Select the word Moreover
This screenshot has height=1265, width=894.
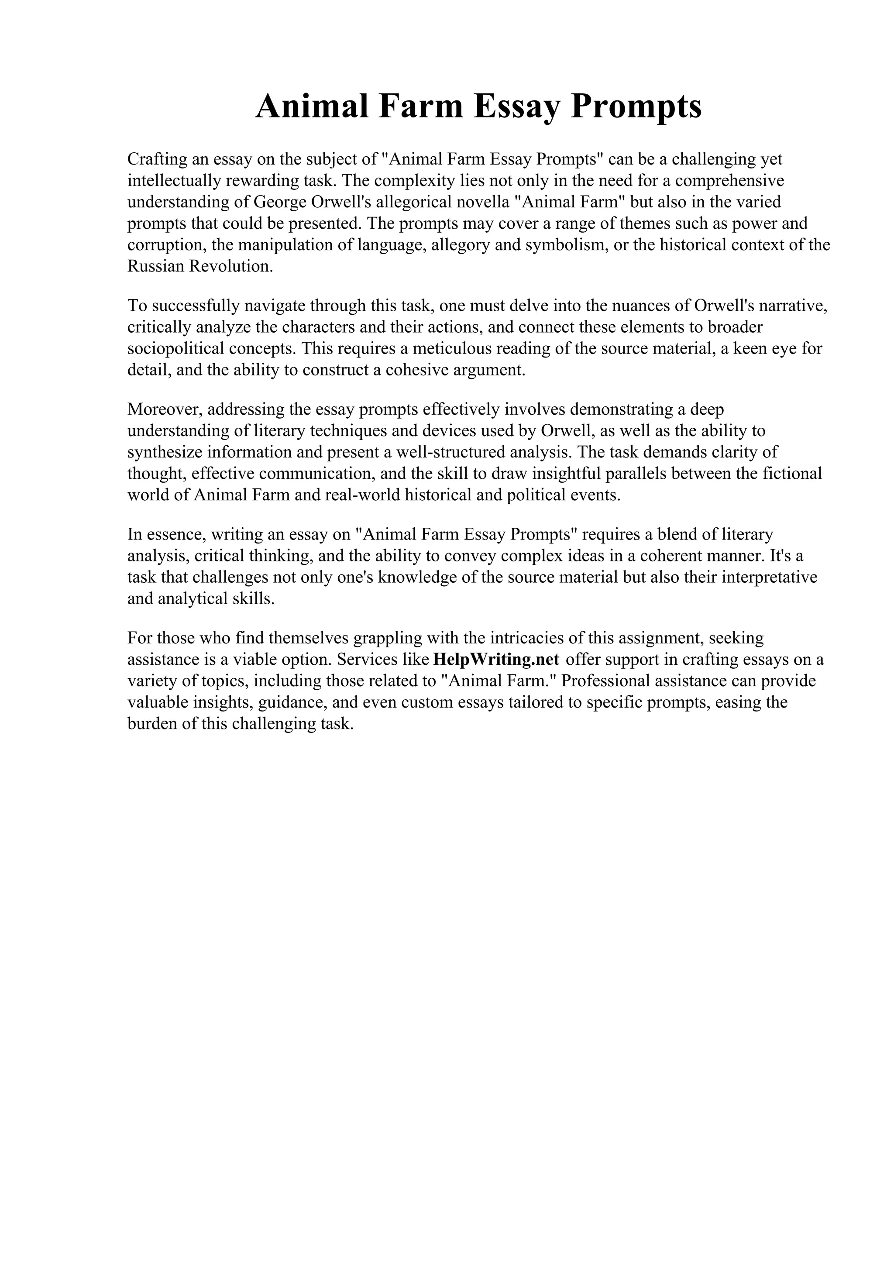(165, 409)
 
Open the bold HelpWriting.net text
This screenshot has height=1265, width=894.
(496, 660)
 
